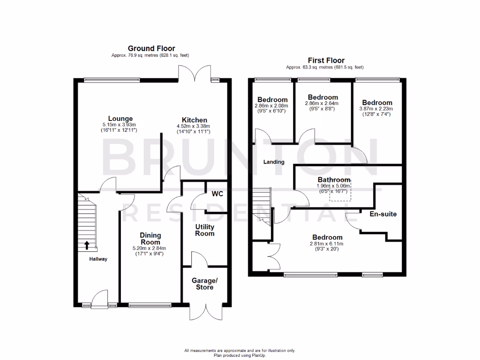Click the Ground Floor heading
click(x=151, y=48)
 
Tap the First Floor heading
click(x=326, y=60)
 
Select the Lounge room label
click(x=120, y=119)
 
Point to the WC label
click(x=217, y=194)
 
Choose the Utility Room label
click(x=205, y=230)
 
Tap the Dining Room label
click(x=150, y=239)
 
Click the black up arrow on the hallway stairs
click(x=87, y=245)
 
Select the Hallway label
click(x=99, y=259)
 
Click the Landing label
click(x=274, y=162)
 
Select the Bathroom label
click(x=334, y=180)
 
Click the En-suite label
click(x=383, y=214)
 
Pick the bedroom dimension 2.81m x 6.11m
click(x=326, y=244)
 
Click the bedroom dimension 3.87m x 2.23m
click(x=377, y=108)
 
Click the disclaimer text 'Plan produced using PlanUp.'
click(x=240, y=355)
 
